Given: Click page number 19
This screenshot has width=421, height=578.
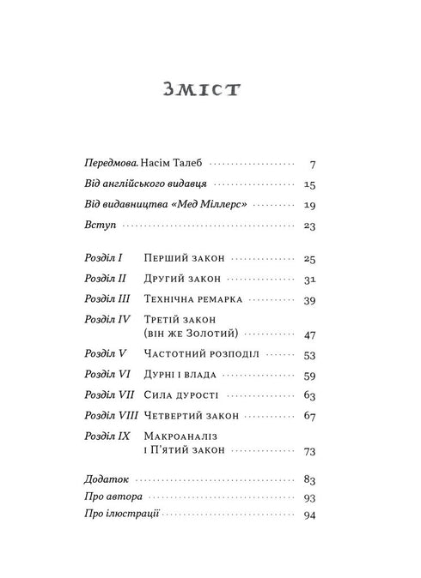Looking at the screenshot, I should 311,205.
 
